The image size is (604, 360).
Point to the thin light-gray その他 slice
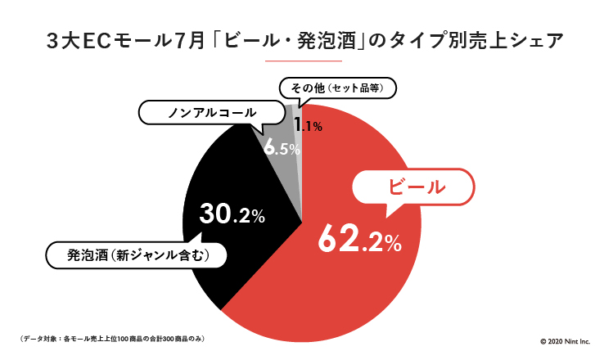tap(299, 115)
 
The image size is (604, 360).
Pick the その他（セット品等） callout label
tap(337, 86)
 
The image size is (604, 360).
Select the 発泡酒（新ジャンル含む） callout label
tap(136, 255)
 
